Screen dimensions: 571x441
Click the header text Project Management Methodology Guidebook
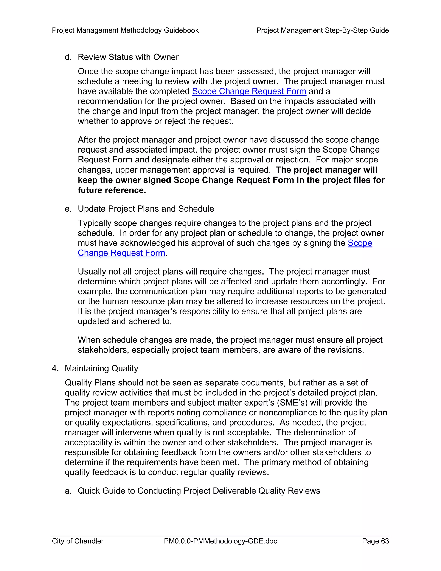tap(125, 30)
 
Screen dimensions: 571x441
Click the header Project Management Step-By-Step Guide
tap(322, 30)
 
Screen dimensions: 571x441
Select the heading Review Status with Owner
tap(128, 57)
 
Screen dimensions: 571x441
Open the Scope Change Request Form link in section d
tap(249, 91)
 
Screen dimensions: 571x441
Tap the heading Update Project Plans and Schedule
tap(146, 209)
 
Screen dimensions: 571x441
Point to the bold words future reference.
tap(112, 190)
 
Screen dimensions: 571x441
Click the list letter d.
tap(68, 57)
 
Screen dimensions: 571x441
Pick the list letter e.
tap(68, 209)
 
